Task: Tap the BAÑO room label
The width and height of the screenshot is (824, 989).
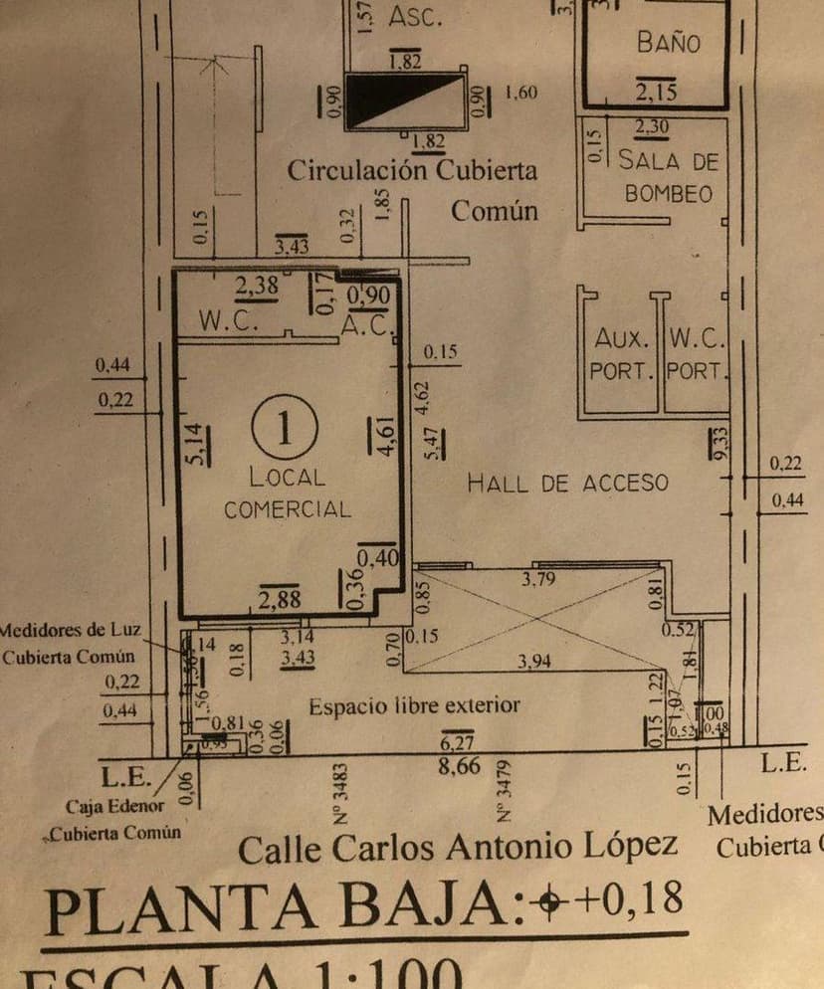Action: click(x=668, y=43)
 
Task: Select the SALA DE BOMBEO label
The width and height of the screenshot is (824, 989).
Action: click(x=668, y=176)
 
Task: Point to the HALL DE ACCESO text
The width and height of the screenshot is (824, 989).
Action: click(x=568, y=484)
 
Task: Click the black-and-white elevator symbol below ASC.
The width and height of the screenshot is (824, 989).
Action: click(x=409, y=100)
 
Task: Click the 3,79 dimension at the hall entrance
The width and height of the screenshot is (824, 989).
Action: click(x=538, y=580)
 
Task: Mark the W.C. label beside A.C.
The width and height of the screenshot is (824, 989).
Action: click(x=229, y=321)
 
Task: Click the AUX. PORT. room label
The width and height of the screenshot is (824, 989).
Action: click(x=621, y=354)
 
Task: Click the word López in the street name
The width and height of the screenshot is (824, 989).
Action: click(x=628, y=847)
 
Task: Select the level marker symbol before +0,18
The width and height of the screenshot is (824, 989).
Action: click(x=546, y=901)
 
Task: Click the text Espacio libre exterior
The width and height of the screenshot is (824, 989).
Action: click(x=414, y=706)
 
